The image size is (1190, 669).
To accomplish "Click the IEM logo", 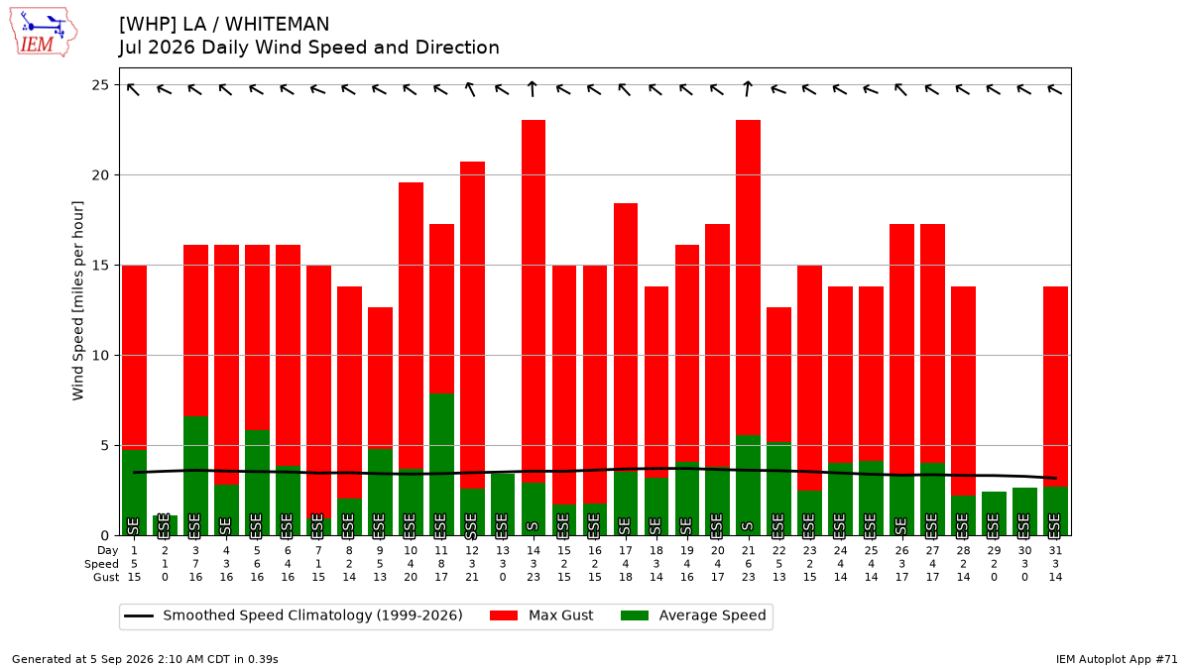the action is pyautogui.click(x=44, y=32).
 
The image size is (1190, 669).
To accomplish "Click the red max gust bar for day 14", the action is pyautogui.click(x=534, y=301).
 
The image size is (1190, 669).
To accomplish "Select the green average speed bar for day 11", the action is pyautogui.click(x=441, y=465).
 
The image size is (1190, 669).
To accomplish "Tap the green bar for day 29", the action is pyautogui.click(x=994, y=513).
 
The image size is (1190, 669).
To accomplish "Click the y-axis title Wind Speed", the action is pyautogui.click(x=78, y=300).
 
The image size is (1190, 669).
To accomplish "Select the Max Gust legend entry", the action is pyautogui.click(x=541, y=615).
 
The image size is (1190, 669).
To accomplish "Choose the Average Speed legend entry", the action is pyautogui.click(x=693, y=615).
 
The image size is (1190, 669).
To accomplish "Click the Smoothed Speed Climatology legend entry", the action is pyautogui.click(x=294, y=615).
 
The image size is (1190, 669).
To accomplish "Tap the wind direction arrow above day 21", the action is pyautogui.click(x=748, y=88).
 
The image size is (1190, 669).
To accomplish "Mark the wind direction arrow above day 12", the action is pyautogui.click(x=470, y=89).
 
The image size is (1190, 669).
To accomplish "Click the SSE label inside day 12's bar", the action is pyautogui.click(x=472, y=525).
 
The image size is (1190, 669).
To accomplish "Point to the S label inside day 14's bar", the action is pyautogui.click(x=534, y=526).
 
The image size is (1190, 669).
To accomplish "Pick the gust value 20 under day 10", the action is pyautogui.click(x=411, y=577).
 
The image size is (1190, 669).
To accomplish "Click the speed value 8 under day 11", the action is pyautogui.click(x=441, y=564).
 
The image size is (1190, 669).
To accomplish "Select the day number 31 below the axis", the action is pyautogui.click(x=1055, y=551).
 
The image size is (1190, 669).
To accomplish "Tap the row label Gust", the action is pyautogui.click(x=106, y=577).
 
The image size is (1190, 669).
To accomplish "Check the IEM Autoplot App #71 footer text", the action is pyautogui.click(x=1117, y=659).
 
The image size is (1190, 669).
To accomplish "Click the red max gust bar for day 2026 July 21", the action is pyautogui.click(x=748, y=278).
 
